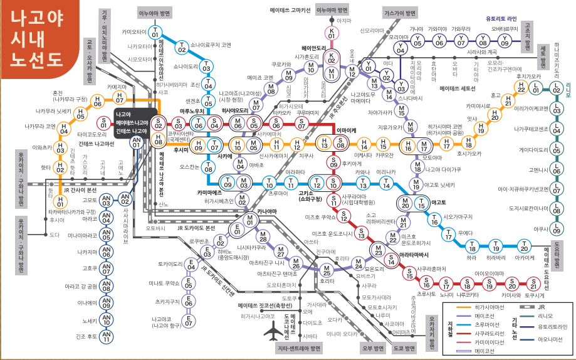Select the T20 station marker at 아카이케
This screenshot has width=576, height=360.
524,246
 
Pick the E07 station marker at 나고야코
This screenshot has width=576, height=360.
189,322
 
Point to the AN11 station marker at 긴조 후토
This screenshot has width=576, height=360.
106,339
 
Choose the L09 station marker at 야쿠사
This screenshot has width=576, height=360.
557,228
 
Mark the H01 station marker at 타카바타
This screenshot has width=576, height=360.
60,202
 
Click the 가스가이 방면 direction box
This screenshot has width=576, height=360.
401,13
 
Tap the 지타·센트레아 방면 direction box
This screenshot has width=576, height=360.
298,348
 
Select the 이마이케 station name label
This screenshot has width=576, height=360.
347,130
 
